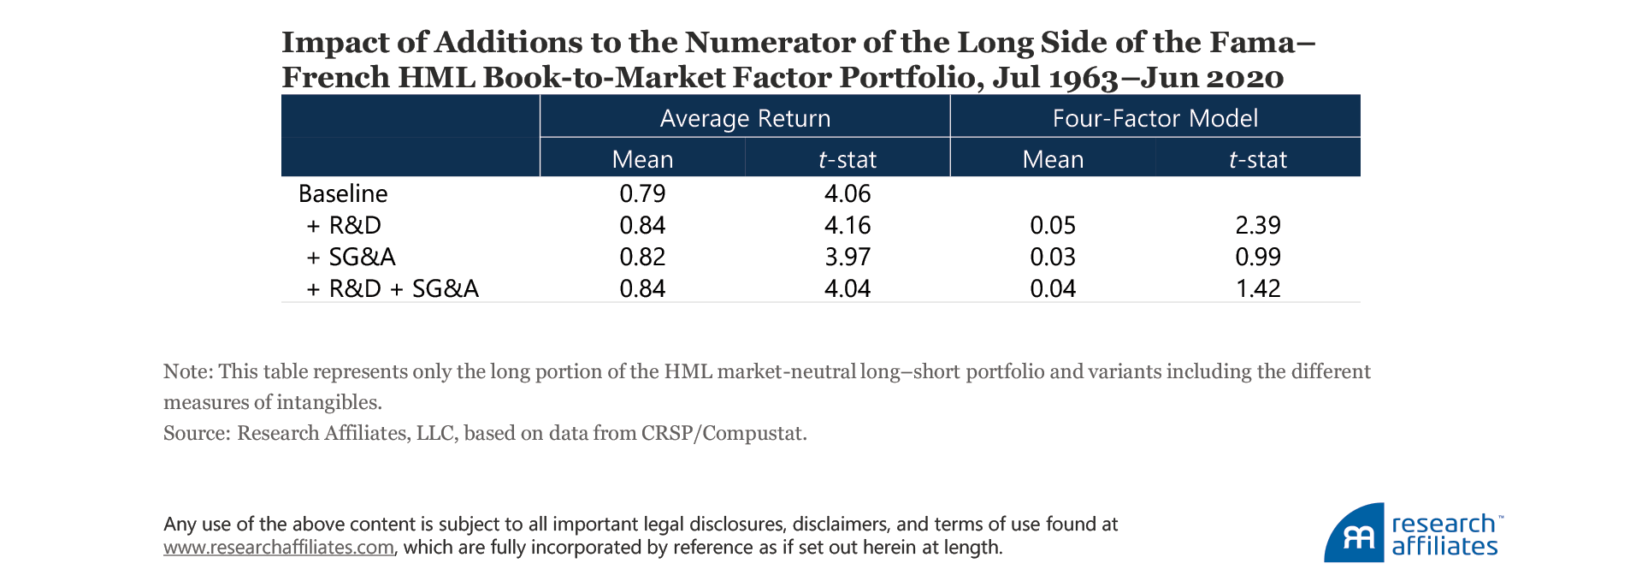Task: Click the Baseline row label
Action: click(x=343, y=193)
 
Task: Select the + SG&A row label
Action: click(x=351, y=257)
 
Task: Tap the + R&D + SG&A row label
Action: click(x=393, y=288)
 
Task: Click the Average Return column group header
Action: click(x=745, y=118)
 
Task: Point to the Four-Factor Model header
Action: click(x=1155, y=118)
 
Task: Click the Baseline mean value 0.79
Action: click(x=642, y=193)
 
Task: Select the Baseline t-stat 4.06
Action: click(x=848, y=193)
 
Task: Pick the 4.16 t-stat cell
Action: click(x=848, y=225)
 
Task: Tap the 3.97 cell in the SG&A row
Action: click(x=848, y=257)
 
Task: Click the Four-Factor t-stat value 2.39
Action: click(x=1258, y=225)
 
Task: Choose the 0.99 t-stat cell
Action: click(x=1258, y=257)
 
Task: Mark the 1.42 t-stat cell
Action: click(x=1258, y=288)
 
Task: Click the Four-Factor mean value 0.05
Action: click(x=1053, y=225)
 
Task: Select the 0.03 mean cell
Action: click(x=1053, y=257)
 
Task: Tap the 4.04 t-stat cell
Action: click(x=848, y=288)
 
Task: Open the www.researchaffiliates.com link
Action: click(x=279, y=548)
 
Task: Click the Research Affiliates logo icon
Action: click(x=1355, y=534)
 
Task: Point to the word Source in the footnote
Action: click(x=196, y=433)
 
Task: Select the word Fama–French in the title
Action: click(x=1257, y=43)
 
